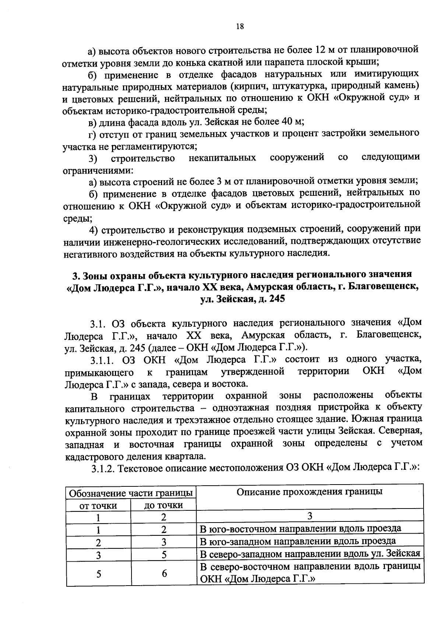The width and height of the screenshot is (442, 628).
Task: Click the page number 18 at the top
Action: coord(240,26)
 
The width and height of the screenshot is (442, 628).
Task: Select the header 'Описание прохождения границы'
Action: coord(309,492)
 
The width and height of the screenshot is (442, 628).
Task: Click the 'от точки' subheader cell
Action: coord(98,505)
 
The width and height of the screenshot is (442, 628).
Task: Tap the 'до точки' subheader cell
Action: coord(163,505)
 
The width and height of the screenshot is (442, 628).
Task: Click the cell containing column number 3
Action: coord(310,516)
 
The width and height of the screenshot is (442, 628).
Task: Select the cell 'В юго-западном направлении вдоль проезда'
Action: coord(298,541)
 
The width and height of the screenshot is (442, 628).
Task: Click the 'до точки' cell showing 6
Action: coord(164,573)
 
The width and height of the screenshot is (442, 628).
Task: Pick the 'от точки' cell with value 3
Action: coord(98,554)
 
